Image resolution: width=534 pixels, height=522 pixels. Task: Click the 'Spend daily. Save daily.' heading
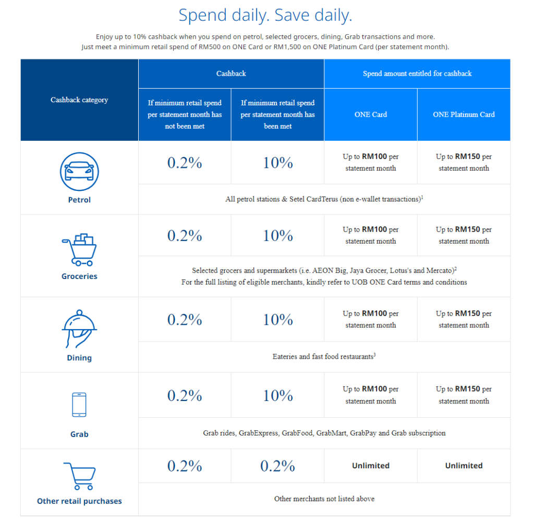point(265,15)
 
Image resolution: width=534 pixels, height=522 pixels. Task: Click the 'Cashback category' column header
point(79,100)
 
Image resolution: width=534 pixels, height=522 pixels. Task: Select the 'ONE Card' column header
point(371,114)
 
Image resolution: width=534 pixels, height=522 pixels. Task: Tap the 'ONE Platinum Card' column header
point(464,114)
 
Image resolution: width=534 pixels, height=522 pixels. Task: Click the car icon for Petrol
point(79,172)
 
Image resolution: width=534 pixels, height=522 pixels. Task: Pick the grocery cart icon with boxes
point(79,250)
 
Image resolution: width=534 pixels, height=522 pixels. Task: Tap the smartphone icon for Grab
point(79,405)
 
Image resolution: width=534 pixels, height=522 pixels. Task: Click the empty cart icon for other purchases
point(79,475)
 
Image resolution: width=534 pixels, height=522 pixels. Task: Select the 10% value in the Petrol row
point(278,163)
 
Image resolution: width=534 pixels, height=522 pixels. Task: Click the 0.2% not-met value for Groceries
point(185,236)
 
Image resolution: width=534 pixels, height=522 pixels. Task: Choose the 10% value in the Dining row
point(278,320)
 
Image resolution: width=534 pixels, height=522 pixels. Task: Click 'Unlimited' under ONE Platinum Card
point(464,466)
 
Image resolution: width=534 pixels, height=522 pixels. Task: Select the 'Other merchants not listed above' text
point(324,499)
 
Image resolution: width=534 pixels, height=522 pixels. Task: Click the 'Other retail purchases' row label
point(79,501)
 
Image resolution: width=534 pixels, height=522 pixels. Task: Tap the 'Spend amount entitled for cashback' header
point(417,74)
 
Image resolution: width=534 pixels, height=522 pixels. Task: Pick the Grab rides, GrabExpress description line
point(324,433)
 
